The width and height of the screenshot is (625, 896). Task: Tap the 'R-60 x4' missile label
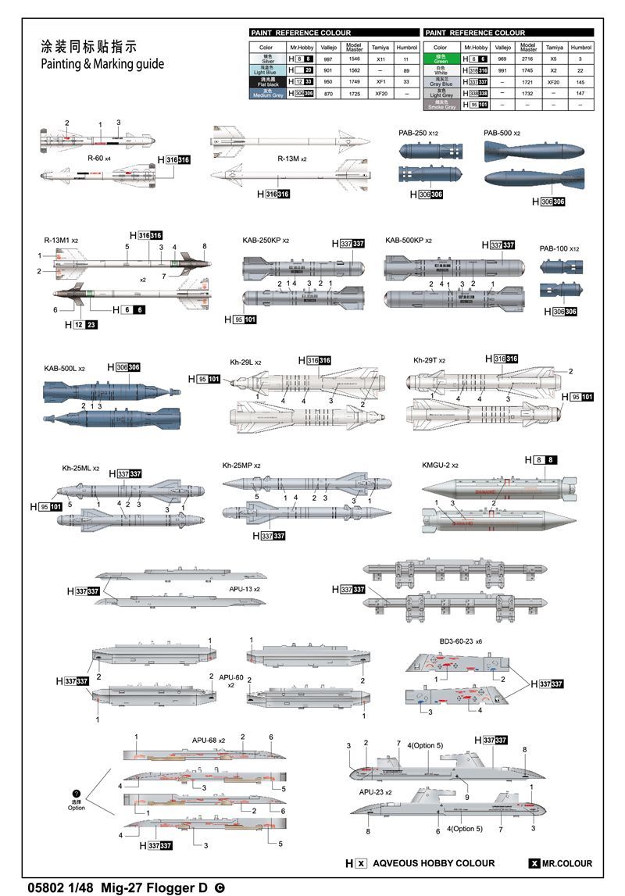click(x=100, y=158)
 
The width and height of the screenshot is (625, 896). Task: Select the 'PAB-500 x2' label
click(x=502, y=134)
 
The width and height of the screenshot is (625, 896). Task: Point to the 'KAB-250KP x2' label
click(x=266, y=241)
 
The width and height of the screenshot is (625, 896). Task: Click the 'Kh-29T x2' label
click(x=430, y=360)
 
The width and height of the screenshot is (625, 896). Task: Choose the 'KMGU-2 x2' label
click(x=440, y=465)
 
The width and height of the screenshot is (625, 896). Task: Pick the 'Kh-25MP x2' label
click(x=241, y=466)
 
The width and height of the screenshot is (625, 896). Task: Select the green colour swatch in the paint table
click(x=441, y=59)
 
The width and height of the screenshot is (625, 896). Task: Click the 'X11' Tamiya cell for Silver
click(x=381, y=59)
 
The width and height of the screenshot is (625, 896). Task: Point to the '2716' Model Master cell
click(x=528, y=59)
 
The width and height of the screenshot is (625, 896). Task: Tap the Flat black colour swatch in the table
click(x=267, y=81)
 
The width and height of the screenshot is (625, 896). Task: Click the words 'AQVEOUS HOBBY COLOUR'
click(x=434, y=863)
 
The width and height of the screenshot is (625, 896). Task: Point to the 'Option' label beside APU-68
click(x=76, y=808)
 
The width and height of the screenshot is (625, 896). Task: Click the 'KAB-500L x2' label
click(x=65, y=368)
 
